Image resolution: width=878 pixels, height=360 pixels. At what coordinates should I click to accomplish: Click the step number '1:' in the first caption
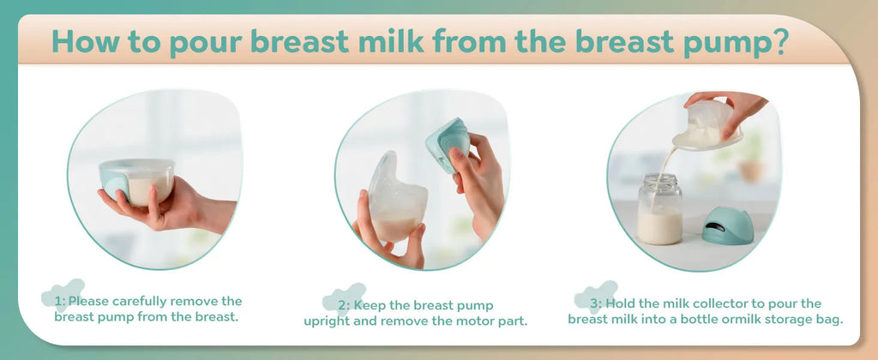[60, 301]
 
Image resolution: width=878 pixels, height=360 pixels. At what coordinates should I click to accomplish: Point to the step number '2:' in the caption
[343, 305]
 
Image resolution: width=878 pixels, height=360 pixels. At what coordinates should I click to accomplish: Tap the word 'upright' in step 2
[327, 321]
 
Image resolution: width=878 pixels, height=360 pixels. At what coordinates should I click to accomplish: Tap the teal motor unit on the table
[727, 225]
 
